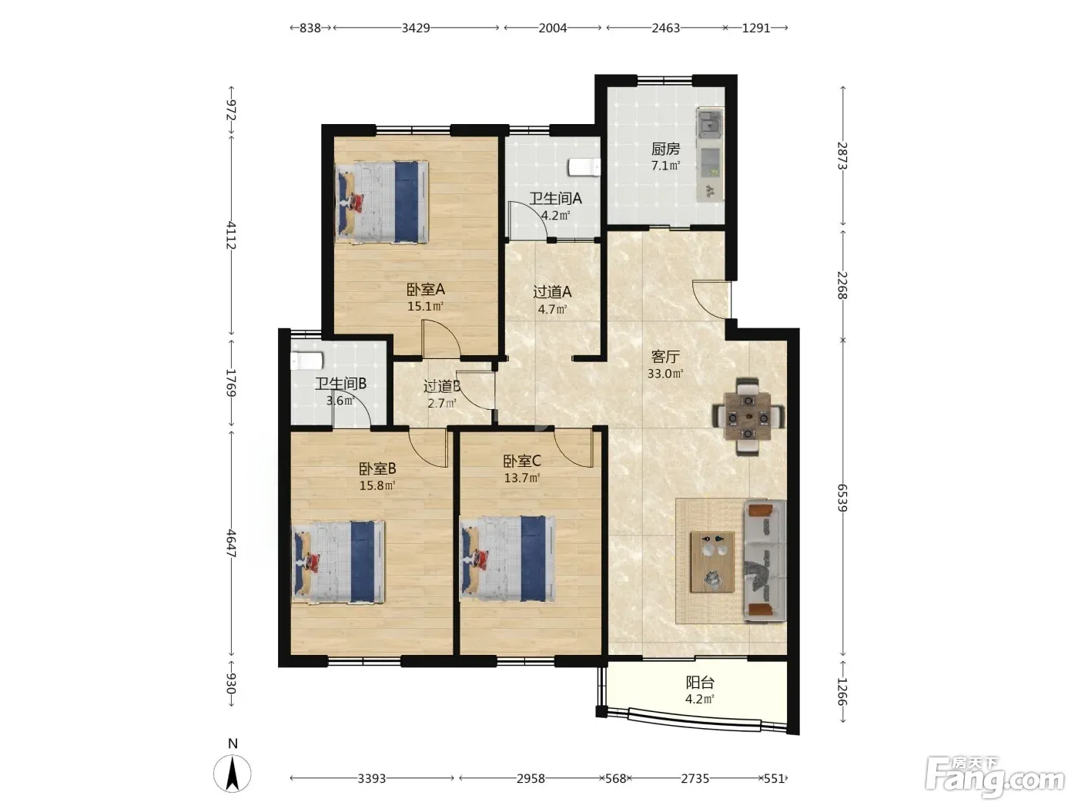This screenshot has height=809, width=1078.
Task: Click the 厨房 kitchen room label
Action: [665, 149]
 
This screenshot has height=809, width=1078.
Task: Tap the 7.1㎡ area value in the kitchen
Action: [665, 166]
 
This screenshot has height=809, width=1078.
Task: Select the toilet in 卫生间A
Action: [584, 167]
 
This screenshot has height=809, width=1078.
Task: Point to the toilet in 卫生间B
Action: [306, 361]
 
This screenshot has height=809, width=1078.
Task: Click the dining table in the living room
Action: [748, 417]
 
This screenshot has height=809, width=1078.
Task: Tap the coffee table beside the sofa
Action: [712, 562]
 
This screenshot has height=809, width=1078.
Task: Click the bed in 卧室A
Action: [382, 202]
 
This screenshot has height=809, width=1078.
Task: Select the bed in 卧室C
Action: [507, 559]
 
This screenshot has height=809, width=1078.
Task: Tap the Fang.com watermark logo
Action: [995, 777]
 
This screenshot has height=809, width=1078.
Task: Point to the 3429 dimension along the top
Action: [416, 28]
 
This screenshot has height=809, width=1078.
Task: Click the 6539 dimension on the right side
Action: [842, 498]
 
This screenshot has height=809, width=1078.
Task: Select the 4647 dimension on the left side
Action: [231, 542]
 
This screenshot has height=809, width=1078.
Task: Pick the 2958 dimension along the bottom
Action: [531, 778]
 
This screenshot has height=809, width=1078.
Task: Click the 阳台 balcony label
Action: [700, 683]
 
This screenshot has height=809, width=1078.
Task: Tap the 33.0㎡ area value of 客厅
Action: [665, 374]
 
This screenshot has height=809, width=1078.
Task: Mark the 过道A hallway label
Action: [552, 292]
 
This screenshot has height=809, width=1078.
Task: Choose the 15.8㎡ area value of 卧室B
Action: [377, 486]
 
